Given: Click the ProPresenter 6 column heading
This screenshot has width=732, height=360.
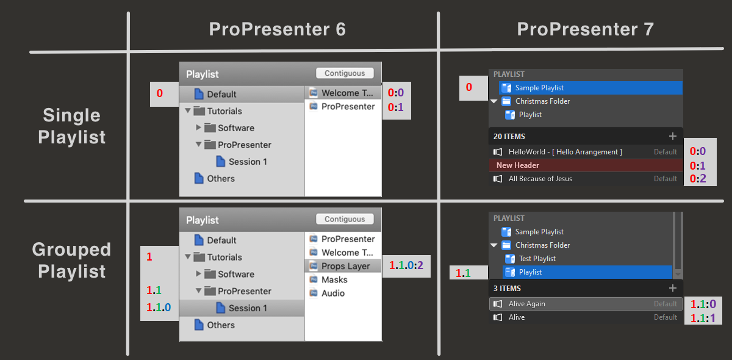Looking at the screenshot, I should tap(277, 29).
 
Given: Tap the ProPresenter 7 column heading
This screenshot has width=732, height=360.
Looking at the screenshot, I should tap(585, 29).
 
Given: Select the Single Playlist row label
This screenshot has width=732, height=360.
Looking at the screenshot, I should tap(72, 126).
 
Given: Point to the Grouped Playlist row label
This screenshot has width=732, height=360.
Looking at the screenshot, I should tap(72, 260).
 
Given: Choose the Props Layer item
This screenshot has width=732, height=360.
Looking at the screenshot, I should tap(345, 266).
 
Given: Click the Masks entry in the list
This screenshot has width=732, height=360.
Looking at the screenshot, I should tap(334, 279).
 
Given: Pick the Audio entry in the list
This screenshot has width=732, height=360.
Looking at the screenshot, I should tap(333, 293).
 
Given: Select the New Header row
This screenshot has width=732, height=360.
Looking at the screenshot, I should tap(517, 165).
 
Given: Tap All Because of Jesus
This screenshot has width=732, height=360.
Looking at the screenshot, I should tap(540, 179).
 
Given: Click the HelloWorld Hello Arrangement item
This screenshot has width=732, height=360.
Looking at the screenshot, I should tap(565, 152).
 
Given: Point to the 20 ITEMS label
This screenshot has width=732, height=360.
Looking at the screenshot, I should tap(509, 137).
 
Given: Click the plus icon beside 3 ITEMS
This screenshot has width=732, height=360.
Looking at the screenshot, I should tap(673, 288).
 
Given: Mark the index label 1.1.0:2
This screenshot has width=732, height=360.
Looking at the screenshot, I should tap(406, 266).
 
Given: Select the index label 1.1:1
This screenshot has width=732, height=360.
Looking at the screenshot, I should tap(702, 318).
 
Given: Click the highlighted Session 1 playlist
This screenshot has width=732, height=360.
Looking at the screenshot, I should tap(247, 308).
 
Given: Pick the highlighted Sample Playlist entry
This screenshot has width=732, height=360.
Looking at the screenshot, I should tap(539, 88).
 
